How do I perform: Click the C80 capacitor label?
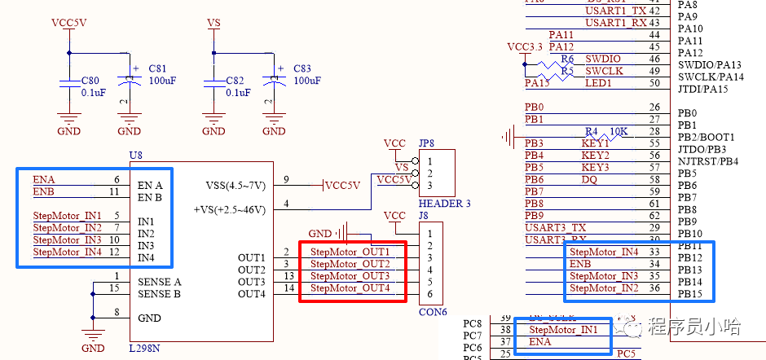90,81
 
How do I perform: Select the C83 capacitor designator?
302,68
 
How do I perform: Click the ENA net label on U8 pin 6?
44,179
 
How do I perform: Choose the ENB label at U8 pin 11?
44,191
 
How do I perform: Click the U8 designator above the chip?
136,154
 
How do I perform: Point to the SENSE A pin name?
160,282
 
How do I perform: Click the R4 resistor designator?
592,131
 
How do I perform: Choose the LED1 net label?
599,83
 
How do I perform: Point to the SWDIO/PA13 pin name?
709,65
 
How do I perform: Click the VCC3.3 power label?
524,46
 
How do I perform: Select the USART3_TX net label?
556,227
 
